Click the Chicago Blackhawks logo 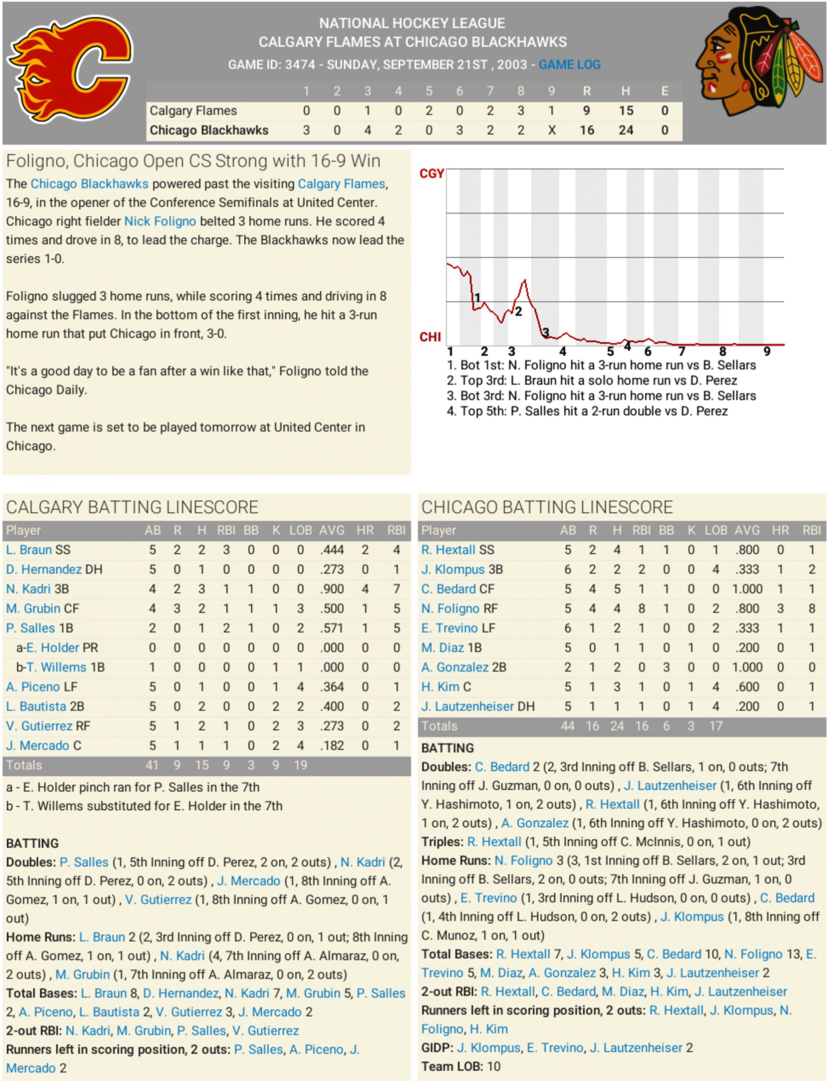tap(759, 61)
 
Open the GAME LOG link tap(569, 65)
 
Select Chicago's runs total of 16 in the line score tap(586, 130)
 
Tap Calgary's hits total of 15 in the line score tap(626, 110)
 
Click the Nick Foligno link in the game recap tap(160, 222)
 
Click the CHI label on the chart tap(430, 337)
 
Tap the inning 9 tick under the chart tap(766, 351)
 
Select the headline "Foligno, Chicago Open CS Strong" tap(193, 161)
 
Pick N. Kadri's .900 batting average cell tap(332, 589)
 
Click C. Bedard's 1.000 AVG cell tap(747, 589)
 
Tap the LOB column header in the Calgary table tap(300, 530)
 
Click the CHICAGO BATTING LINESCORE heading tap(547, 507)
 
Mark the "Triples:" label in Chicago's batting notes tap(442, 842)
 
